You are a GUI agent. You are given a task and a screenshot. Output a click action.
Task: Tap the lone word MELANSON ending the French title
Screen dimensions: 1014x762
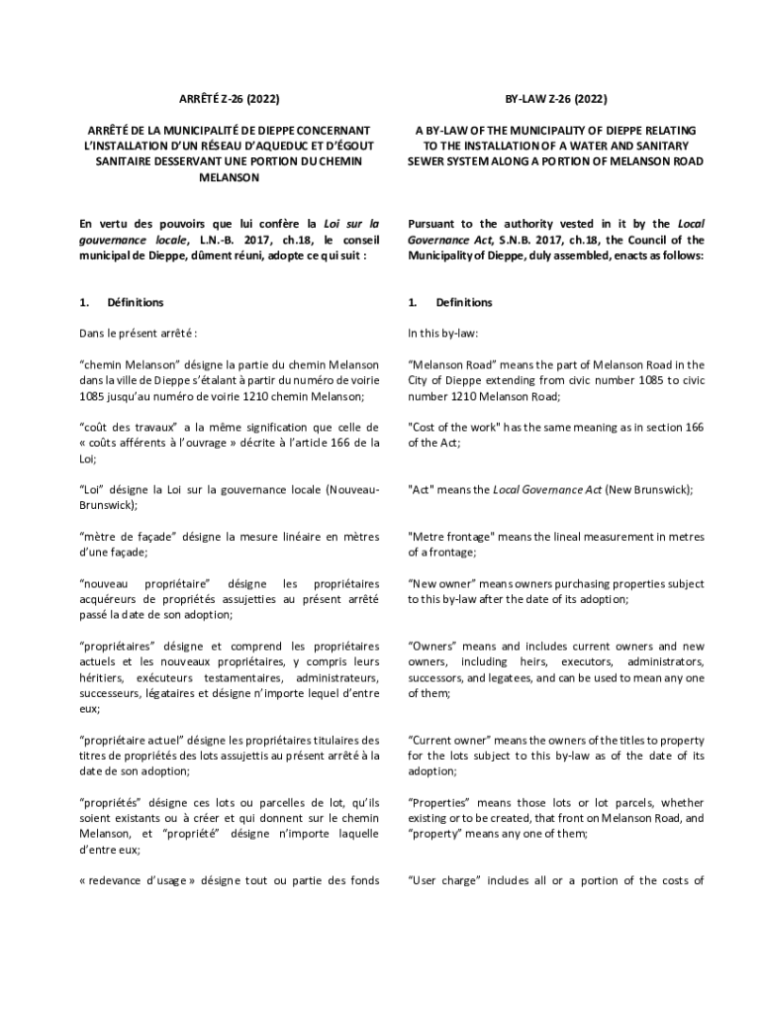[x=229, y=177]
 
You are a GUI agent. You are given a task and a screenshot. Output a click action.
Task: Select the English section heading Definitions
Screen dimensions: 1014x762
[x=464, y=302]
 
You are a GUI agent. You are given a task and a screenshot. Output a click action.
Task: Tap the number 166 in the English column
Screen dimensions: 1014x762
[x=694, y=427]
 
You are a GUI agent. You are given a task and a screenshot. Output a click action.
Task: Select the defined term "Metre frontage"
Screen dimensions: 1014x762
[x=451, y=537]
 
